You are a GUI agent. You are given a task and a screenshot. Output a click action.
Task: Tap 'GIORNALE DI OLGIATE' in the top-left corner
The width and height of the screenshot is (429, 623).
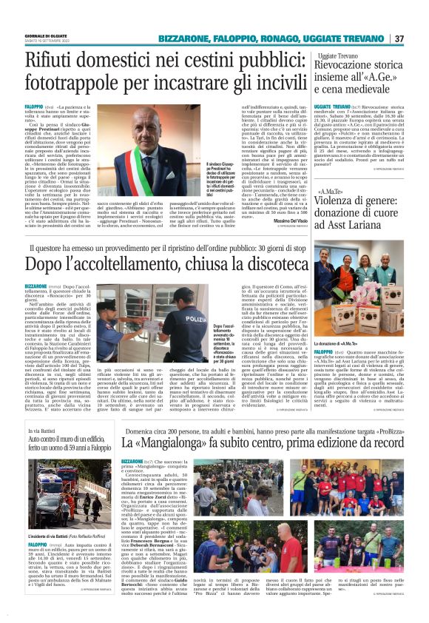(45, 36)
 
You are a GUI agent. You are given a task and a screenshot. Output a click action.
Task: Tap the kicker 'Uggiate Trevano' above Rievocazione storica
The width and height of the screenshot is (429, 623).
(337, 55)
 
